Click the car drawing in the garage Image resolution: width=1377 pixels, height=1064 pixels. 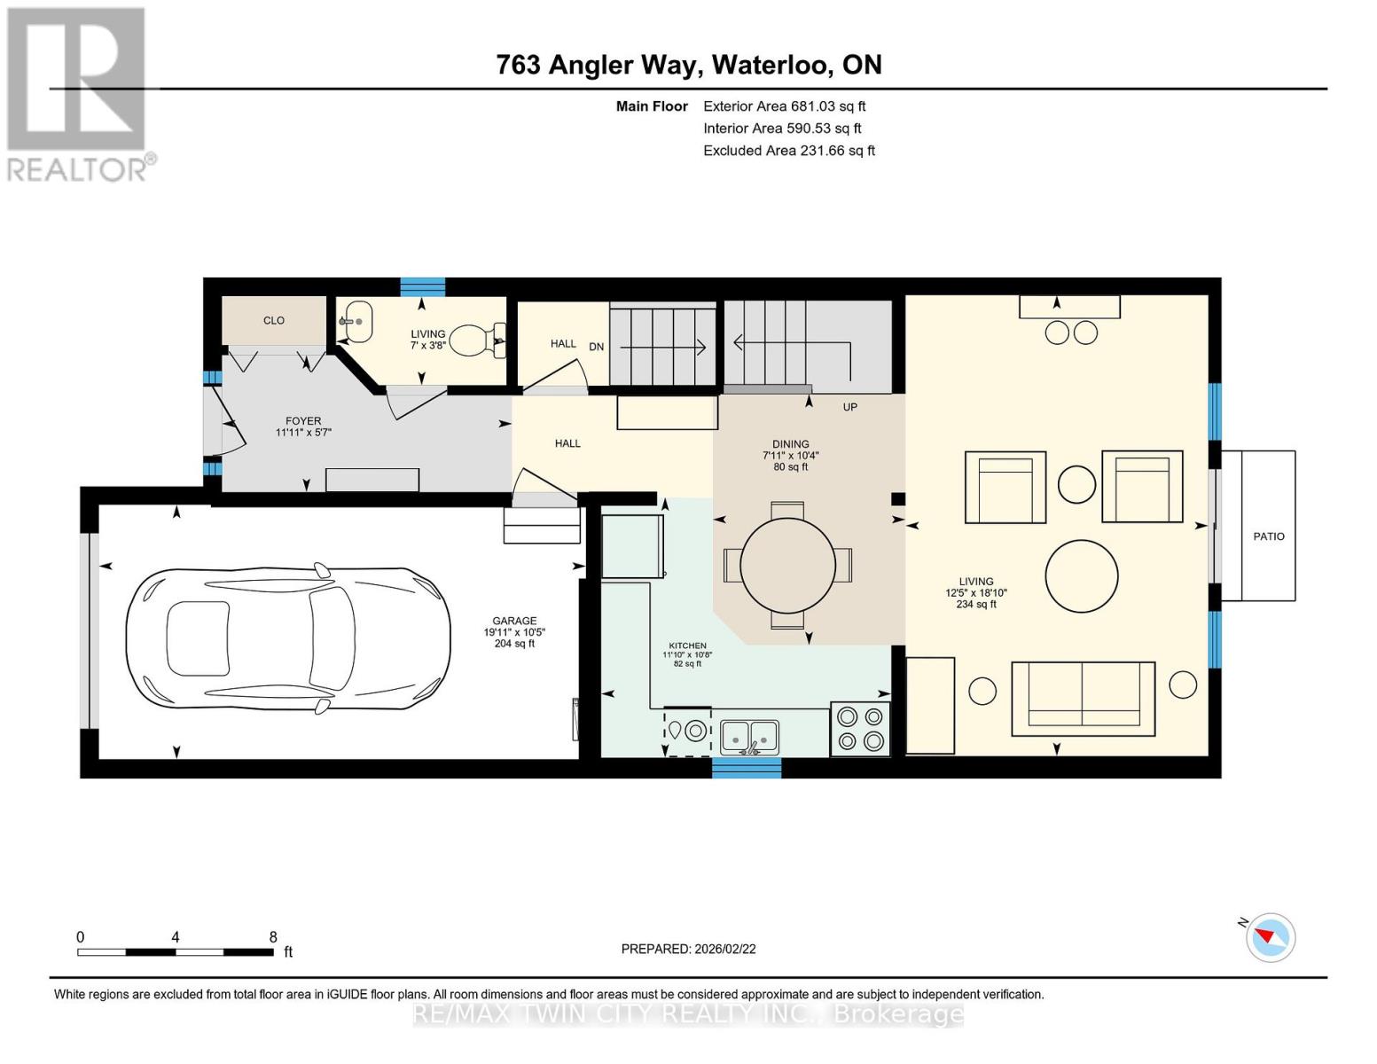[286, 638]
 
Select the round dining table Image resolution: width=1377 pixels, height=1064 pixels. [787, 565]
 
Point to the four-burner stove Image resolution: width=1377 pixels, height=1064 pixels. [860, 728]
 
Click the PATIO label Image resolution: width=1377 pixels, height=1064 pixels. [1268, 536]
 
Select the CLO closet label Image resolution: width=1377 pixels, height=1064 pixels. [273, 320]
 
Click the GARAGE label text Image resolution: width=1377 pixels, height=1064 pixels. [514, 621]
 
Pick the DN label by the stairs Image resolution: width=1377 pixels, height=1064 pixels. [596, 347]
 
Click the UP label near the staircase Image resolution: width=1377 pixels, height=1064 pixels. [849, 407]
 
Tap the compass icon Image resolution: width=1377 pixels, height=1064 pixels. [1271, 936]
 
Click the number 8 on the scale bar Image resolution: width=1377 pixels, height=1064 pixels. [273, 936]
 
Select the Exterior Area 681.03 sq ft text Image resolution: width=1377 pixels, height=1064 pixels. [784, 106]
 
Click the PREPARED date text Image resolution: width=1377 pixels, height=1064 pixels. [688, 949]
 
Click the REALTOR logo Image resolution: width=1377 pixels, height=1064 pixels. [78, 93]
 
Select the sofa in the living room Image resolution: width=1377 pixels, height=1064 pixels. [1083, 699]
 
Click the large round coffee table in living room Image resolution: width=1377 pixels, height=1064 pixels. [1081, 576]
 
